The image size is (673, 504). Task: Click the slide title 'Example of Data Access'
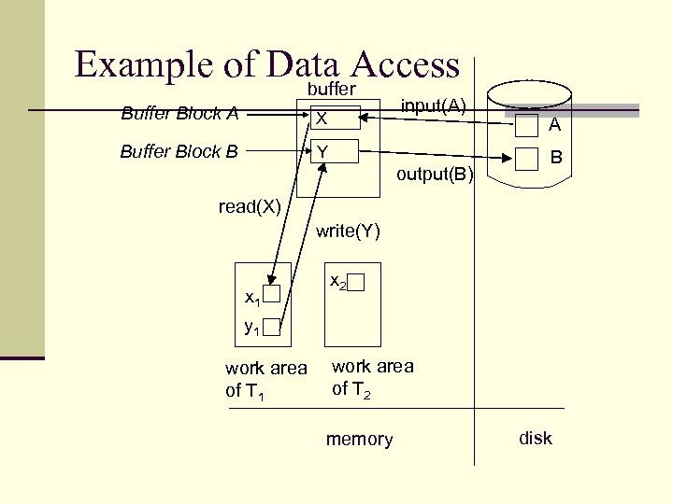click(267, 64)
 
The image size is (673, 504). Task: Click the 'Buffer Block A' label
click(179, 115)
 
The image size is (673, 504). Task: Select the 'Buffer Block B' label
click(179, 151)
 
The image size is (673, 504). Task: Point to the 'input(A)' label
click(434, 105)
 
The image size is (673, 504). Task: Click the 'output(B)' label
click(436, 175)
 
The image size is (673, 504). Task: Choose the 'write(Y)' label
click(349, 231)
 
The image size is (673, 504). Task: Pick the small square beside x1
click(272, 296)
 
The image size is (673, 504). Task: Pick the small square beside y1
click(272, 327)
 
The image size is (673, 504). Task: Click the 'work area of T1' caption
click(265, 379)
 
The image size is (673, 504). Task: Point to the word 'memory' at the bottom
click(359, 440)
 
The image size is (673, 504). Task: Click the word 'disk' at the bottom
click(536, 438)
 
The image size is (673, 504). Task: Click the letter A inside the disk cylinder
click(554, 126)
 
